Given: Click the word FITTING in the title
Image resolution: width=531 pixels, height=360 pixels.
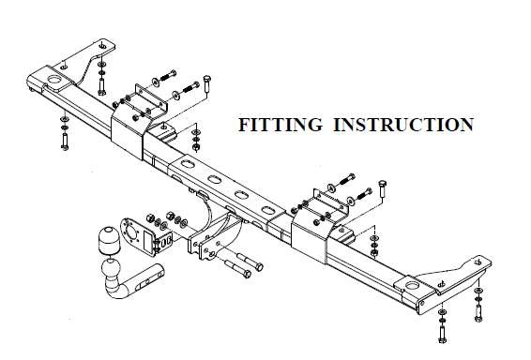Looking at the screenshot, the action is point(281,125).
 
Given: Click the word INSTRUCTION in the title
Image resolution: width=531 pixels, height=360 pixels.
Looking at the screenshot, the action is point(403,125).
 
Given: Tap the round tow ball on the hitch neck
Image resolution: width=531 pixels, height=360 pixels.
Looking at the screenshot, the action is point(111,269).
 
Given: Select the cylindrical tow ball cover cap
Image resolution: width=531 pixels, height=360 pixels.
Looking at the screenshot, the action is point(110,240).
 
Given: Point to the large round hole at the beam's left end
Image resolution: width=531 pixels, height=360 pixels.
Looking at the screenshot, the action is point(53,80).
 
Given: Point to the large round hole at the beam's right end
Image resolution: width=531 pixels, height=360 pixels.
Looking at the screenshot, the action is point(412,285).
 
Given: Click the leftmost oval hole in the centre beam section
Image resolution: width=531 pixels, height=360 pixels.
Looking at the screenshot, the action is point(187,164).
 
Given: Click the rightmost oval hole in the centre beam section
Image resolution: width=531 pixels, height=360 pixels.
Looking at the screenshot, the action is point(268,210).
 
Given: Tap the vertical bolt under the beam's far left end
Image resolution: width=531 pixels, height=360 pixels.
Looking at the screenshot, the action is point(65,142).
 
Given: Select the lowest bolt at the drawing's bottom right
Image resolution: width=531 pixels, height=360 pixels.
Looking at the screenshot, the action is point(442,334).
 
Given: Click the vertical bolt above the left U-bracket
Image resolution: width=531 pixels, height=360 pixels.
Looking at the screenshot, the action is point(207,85).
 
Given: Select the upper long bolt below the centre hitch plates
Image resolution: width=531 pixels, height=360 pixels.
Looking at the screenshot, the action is point(250,262).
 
